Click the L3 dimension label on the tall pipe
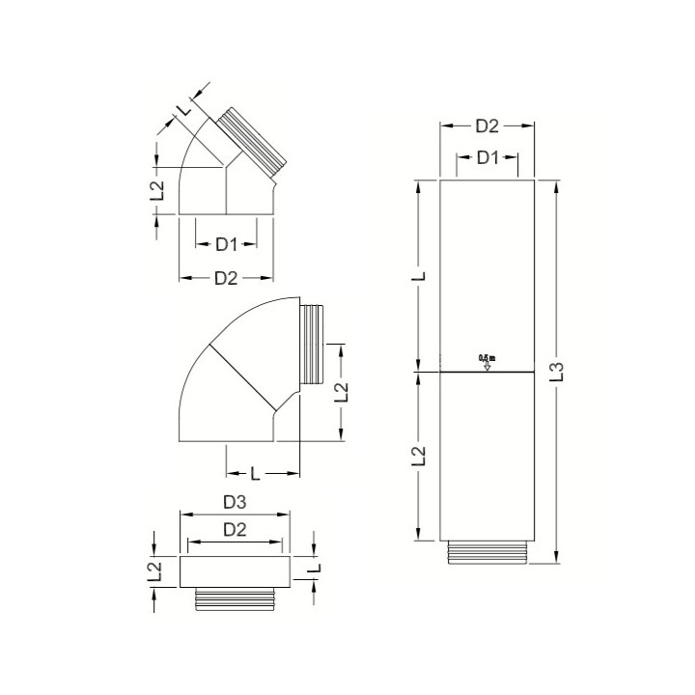point(570,371)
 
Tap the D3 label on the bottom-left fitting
point(235,503)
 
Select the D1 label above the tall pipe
point(487,157)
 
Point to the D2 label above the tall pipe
point(487,125)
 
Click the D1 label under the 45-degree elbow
point(226,244)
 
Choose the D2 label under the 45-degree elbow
point(226,278)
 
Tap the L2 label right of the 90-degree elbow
point(340,392)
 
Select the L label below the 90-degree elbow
point(254,473)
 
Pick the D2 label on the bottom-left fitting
point(235,529)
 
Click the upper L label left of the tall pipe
point(418,277)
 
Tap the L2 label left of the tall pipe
point(418,454)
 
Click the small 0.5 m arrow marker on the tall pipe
point(486,362)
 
